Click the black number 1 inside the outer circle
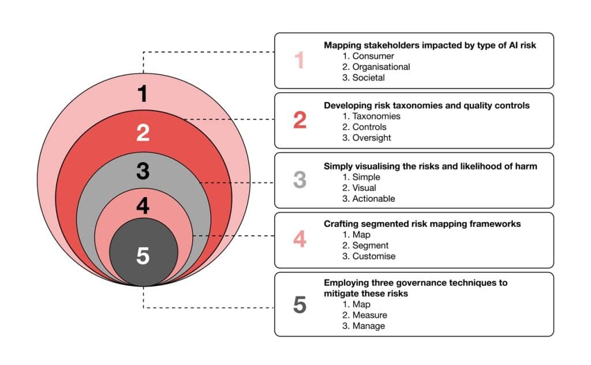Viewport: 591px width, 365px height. click(x=143, y=93)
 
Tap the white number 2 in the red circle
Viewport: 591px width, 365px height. click(x=143, y=133)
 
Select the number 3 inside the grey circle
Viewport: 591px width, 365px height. click(x=143, y=171)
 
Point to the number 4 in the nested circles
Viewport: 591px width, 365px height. click(x=143, y=206)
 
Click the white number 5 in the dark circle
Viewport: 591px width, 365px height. click(x=143, y=255)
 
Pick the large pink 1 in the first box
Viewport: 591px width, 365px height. click(x=300, y=61)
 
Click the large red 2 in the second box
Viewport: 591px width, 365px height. click(x=300, y=120)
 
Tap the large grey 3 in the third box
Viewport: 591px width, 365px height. click(x=300, y=180)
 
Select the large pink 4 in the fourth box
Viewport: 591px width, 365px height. click(x=300, y=239)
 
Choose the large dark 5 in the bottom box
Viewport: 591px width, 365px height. click(x=300, y=304)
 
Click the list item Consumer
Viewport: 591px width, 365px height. click(x=373, y=56)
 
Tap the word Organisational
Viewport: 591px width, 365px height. click(x=381, y=67)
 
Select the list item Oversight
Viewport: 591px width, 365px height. click(x=372, y=138)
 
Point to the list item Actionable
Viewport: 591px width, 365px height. click(x=373, y=199)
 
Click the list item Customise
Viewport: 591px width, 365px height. click(x=374, y=256)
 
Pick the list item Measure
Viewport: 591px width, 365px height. click(x=370, y=315)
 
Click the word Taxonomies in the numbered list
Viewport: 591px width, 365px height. click(x=376, y=116)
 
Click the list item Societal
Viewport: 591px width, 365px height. click(x=369, y=78)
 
